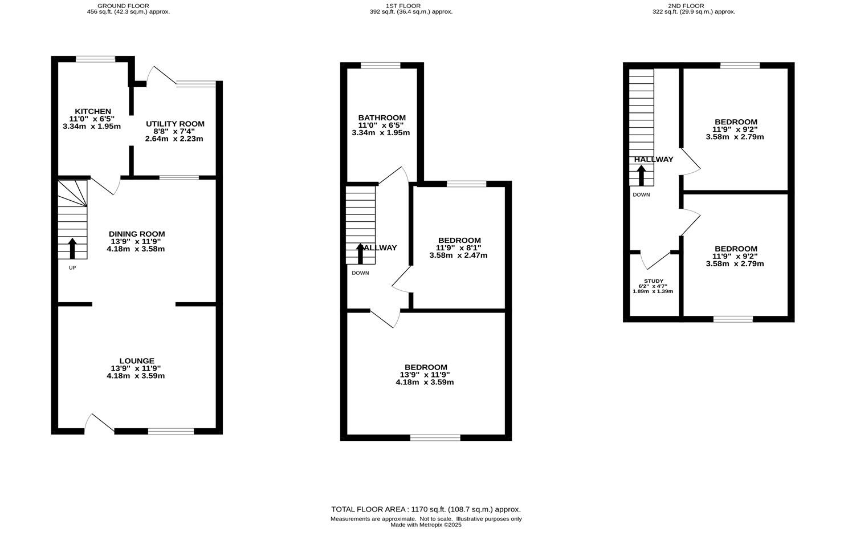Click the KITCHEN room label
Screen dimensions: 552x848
[92, 111]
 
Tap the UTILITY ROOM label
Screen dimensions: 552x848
[174, 124]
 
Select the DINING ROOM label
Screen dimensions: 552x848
[136, 234]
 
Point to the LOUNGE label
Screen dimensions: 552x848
[136, 361]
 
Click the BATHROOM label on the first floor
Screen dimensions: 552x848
[381, 118]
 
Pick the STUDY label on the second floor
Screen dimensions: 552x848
[653, 281]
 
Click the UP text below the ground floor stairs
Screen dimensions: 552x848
[72, 267]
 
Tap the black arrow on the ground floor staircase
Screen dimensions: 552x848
[72, 249]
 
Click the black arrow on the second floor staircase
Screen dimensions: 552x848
[641, 175]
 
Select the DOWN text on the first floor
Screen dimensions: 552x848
[360, 273]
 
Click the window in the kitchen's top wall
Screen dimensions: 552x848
[96, 59]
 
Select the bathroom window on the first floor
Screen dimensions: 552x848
[381, 65]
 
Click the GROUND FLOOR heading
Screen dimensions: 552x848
[124, 6]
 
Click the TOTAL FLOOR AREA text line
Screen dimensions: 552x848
[426, 509]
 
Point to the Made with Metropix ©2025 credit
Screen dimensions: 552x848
[426, 525]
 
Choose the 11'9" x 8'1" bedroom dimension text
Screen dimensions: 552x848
[459, 248]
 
